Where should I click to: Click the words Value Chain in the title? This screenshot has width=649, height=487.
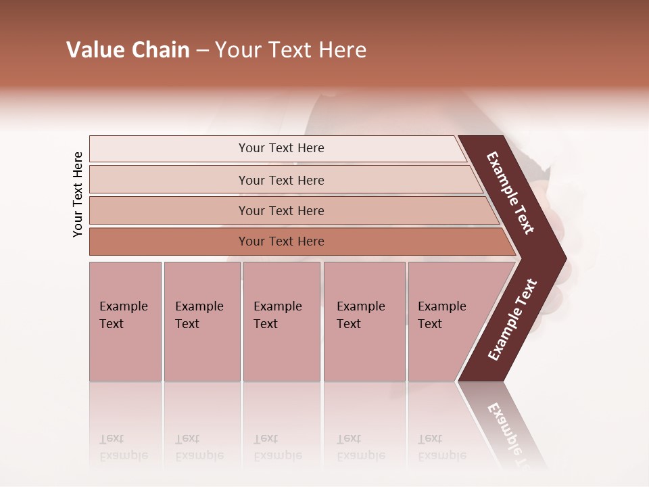(x=128, y=50)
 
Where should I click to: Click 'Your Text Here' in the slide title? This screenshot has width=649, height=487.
(x=291, y=50)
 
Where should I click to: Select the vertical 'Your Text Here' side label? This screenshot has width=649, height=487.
(x=78, y=194)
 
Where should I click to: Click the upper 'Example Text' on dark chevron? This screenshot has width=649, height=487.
(x=510, y=193)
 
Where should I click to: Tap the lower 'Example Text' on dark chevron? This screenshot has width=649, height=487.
(x=512, y=319)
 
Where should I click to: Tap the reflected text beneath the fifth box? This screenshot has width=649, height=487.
(x=441, y=447)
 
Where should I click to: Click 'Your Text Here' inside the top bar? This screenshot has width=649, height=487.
(x=281, y=148)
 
